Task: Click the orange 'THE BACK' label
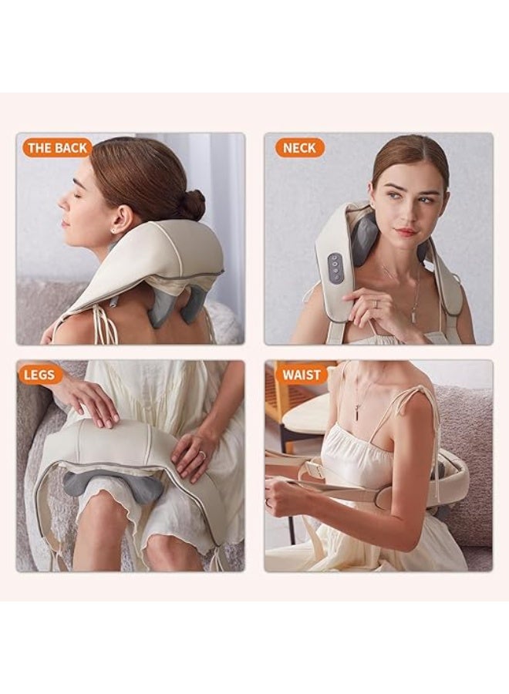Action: coord(57,148)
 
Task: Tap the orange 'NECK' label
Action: coord(300,148)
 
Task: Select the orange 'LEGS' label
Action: coord(40,375)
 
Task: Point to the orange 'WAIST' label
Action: coord(302,375)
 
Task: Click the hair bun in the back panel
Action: coord(192,205)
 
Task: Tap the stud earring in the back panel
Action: coord(113,231)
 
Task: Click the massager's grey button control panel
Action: coord(335,268)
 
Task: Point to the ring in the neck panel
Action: coord(376,304)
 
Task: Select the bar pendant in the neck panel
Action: coord(414,316)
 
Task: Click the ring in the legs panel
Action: coord(202,454)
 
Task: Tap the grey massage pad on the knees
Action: coord(112,487)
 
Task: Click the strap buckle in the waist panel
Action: coord(315,467)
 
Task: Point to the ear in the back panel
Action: coord(121,220)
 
